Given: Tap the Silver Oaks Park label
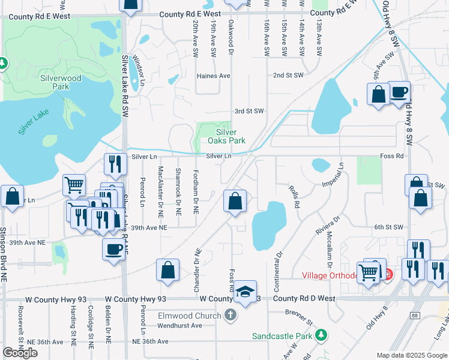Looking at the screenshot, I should [x=226, y=136].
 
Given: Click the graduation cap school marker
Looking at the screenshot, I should [x=245, y=292].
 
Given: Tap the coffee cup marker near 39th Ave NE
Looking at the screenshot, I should [x=113, y=250].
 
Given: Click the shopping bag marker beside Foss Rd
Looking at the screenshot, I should [x=235, y=201].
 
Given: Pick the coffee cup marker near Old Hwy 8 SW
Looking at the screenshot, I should [x=399, y=92].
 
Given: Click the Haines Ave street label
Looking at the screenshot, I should [x=215, y=76].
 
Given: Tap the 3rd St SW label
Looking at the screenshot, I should [x=249, y=111].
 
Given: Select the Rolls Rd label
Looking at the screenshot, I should [x=295, y=196].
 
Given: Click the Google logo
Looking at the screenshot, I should [x=20, y=353].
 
